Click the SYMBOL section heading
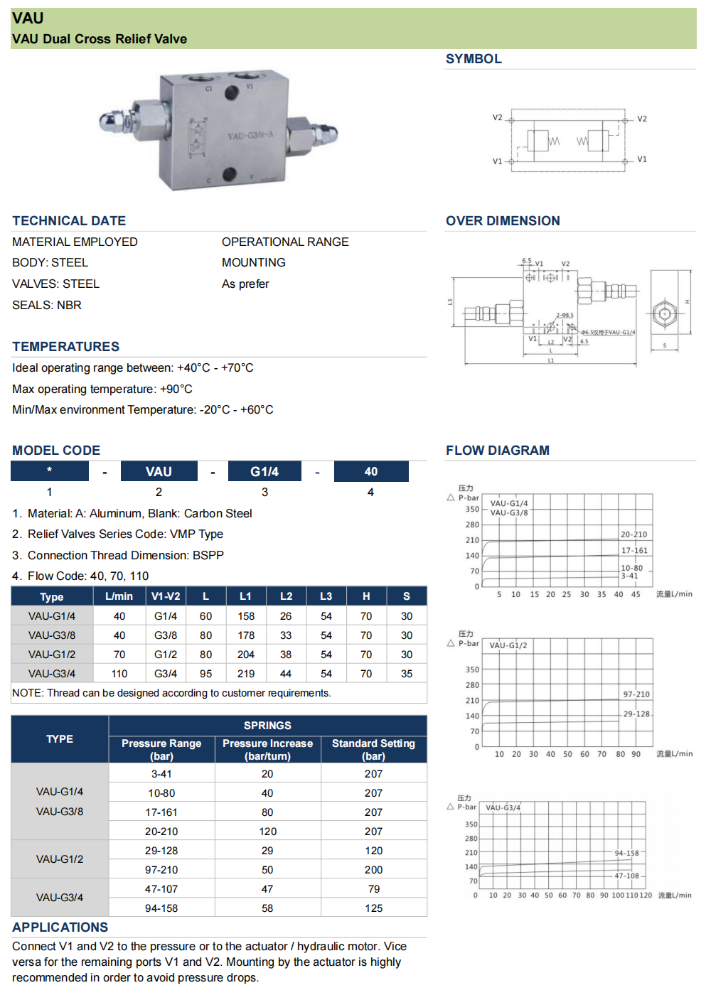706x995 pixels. click(x=474, y=59)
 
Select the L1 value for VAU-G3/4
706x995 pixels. click(x=246, y=674)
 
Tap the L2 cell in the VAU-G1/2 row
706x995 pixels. click(x=286, y=655)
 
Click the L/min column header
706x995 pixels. click(x=119, y=596)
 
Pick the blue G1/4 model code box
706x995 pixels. click(x=264, y=471)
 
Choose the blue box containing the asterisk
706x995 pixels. click(x=49, y=470)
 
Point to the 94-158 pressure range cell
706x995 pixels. click(x=161, y=908)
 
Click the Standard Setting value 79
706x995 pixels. click(x=374, y=889)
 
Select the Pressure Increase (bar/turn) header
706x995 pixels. click(x=267, y=749)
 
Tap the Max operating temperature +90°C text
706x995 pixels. click(x=102, y=389)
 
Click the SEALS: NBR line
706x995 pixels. click(x=47, y=305)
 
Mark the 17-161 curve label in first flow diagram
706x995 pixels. click(x=634, y=551)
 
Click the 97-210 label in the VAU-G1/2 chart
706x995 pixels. click(x=636, y=694)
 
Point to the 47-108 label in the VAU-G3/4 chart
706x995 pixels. click(x=626, y=876)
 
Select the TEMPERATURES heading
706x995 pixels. click(x=66, y=347)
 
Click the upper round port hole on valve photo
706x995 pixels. click(x=232, y=92)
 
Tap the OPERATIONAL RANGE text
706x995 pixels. click(x=285, y=242)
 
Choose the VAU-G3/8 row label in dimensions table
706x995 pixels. click(x=52, y=635)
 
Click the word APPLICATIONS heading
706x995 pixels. click(x=60, y=927)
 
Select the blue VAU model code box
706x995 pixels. click(x=159, y=471)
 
